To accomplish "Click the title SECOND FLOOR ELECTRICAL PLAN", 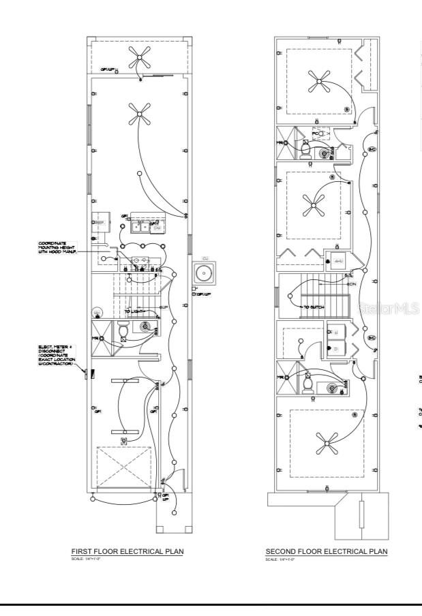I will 326,551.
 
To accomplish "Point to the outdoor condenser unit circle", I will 203,273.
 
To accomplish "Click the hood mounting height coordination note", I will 58,247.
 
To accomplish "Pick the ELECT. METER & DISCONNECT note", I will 57,355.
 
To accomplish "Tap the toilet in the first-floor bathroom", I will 123,332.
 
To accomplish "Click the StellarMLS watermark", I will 387,309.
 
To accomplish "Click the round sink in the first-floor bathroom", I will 146,326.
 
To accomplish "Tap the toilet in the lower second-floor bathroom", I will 307,384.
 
